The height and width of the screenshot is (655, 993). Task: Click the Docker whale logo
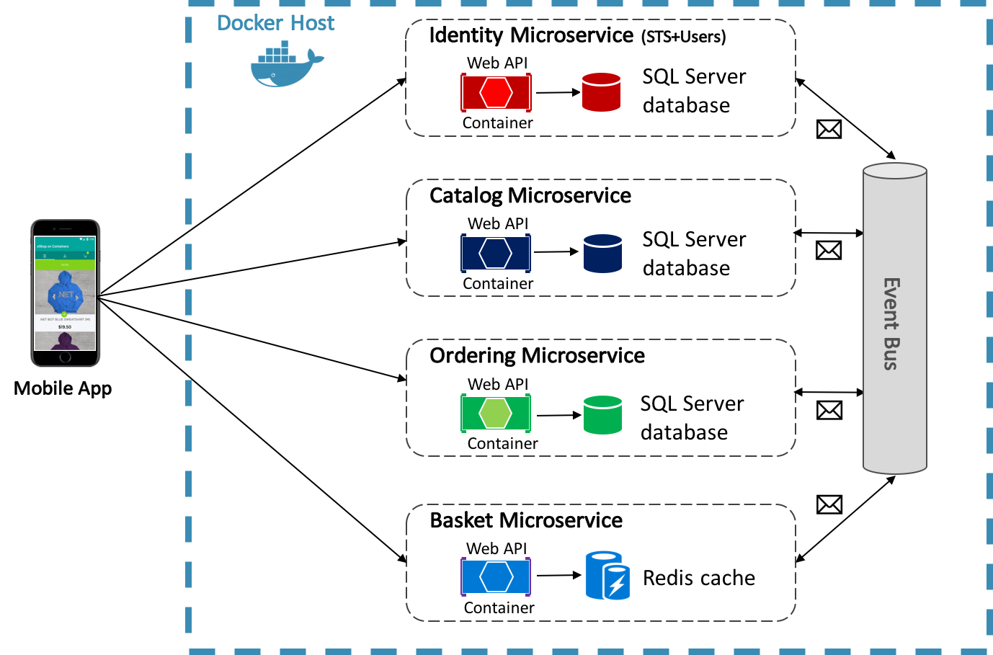(285, 66)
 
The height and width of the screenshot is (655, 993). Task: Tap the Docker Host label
(275, 23)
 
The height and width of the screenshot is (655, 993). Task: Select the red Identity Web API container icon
(496, 92)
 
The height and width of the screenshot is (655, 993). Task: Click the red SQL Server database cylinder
(601, 92)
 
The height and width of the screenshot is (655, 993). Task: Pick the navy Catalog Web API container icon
(496, 253)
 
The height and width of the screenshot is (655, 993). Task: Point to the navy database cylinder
(602, 253)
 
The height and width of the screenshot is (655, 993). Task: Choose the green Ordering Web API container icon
(496, 413)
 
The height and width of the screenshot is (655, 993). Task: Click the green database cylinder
(602, 415)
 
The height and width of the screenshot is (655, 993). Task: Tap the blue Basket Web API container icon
(496, 576)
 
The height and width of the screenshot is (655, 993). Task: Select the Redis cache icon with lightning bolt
(607, 576)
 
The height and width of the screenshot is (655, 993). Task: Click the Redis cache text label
(698, 578)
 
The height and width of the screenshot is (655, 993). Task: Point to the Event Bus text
(891, 324)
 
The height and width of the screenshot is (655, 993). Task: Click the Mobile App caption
(63, 388)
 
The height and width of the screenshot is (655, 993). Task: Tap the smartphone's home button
(65, 357)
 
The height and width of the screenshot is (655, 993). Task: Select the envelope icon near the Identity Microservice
(829, 129)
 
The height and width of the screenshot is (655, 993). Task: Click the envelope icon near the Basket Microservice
(829, 504)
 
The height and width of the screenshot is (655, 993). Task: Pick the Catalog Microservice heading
(530, 195)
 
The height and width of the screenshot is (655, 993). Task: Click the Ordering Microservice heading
(537, 355)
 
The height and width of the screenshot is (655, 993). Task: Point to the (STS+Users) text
(683, 37)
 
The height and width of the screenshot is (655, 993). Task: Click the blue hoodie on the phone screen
(66, 293)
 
